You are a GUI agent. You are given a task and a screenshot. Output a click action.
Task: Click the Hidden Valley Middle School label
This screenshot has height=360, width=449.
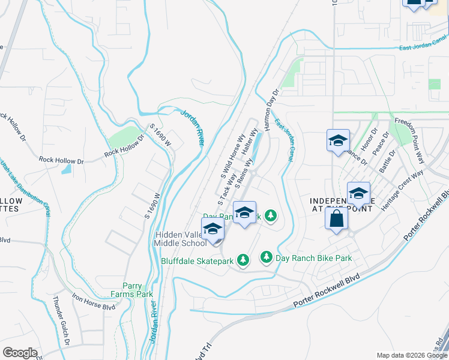coord(181,239)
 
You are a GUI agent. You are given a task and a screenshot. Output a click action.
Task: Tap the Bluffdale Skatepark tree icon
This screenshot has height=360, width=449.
coord(243,260)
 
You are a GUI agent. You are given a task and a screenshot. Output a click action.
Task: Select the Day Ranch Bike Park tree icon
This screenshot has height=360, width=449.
coord(266,257)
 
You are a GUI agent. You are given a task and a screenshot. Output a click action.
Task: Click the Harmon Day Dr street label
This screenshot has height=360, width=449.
coord(270,104)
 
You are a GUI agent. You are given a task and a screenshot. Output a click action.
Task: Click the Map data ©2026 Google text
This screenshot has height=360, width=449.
coord(412,355)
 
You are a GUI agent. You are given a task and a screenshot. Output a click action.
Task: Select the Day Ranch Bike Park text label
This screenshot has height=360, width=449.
coord(313,258)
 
